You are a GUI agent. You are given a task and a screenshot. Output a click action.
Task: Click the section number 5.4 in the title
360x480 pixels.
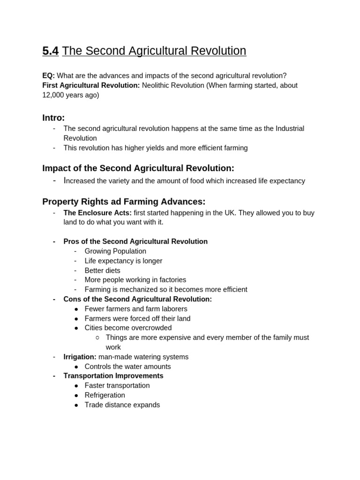point(50,51)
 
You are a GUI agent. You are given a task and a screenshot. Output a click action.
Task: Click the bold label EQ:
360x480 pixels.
point(48,75)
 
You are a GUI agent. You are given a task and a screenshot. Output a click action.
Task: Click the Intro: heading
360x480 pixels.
point(53,118)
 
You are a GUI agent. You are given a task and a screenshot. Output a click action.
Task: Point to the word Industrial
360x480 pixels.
point(290,128)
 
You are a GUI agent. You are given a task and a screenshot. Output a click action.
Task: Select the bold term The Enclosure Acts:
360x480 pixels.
point(97,213)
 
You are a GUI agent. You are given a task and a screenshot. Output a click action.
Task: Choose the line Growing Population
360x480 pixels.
point(115,251)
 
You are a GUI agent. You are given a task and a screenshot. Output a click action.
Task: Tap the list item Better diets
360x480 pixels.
point(102,270)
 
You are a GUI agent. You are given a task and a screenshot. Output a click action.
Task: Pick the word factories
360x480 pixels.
point(170,280)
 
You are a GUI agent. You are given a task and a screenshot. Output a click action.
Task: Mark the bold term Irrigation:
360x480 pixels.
point(80,357)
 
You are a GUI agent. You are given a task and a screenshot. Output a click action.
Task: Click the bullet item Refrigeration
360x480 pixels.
point(105,395)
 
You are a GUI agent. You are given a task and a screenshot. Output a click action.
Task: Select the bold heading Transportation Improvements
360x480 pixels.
point(113,376)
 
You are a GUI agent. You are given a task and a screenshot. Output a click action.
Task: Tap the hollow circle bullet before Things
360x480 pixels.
point(97,337)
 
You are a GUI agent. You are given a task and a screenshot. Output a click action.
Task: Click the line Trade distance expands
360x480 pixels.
point(122,405)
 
